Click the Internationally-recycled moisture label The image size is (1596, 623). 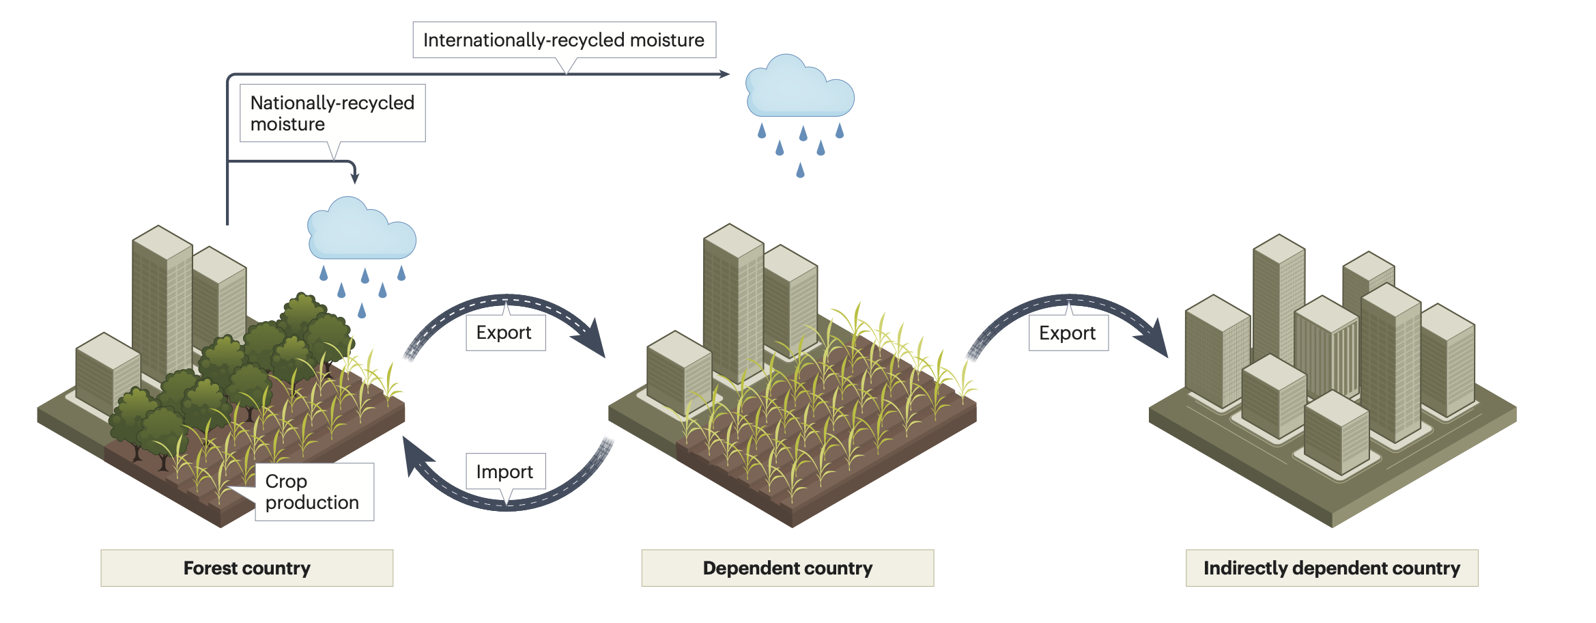tap(564, 40)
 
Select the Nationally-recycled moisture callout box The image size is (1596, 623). tap(332, 113)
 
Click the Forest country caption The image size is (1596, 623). tap(246, 568)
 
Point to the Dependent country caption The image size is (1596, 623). tap(787, 568)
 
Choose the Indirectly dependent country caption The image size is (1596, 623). tap(1331, 568)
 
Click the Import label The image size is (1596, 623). tap(505, 471)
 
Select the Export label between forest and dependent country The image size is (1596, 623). tap(504, 333)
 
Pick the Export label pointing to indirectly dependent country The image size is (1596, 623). tap(1068, 333)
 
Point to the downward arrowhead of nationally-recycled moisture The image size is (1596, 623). tap(355, 178)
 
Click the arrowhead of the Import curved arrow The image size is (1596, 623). tap(414, 455)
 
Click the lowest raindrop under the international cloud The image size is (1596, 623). tap(800, 170)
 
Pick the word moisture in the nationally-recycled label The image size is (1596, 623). tap(287, 124)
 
